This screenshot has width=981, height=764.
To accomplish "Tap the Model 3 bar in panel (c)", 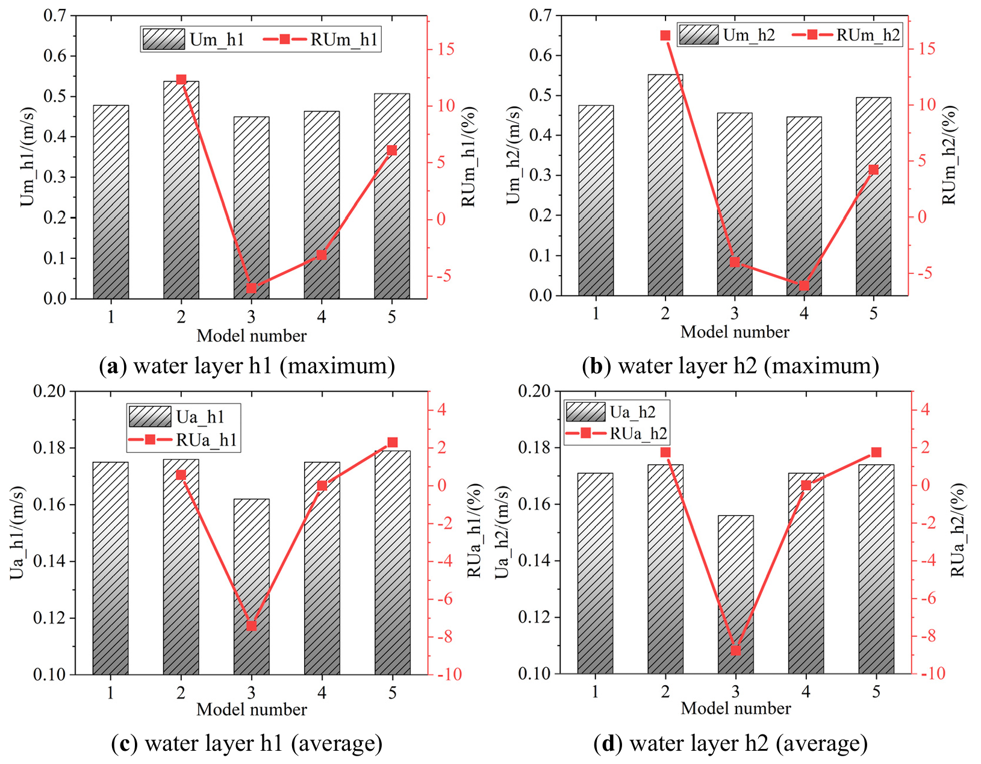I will tap(251, 586).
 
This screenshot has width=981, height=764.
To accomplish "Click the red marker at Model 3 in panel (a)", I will tap(252, 288).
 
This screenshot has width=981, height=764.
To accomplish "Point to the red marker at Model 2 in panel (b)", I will tap(665, 36).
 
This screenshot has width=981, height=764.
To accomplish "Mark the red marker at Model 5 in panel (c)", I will tap(393, 443).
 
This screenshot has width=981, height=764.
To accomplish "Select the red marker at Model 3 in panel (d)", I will tap(735, 651).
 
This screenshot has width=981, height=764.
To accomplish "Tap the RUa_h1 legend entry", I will tap(183, 440).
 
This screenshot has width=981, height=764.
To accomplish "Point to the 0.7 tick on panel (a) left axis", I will tap(55, 16).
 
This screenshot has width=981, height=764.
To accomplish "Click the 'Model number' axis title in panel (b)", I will tap(735, 332).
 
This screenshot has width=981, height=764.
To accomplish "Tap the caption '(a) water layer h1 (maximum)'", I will tap(247, 366).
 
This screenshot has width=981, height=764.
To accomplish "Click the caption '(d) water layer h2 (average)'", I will tap(730, 744).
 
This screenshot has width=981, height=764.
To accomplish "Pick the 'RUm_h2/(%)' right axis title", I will tap(950, 155).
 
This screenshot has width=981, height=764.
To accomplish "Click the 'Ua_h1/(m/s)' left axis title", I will tap(18, 533).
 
